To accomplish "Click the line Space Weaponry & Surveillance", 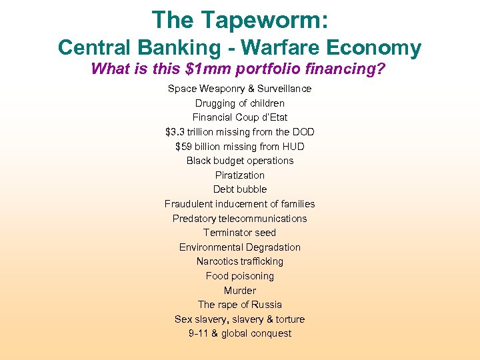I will pos(240,89).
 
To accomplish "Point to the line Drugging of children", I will pos(240,103).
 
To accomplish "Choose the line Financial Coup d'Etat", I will pos(240,117).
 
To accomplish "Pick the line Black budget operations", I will pos(240,161).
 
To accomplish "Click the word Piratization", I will pos(240,175).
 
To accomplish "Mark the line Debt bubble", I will pos(240,189).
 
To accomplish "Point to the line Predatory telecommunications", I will pos(240,219).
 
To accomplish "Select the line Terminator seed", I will pos(240,233).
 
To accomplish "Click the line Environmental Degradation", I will pos(240,247).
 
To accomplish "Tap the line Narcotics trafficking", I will pos(240,261).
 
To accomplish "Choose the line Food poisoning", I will pos(240,276).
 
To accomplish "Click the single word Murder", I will pos(240,291).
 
